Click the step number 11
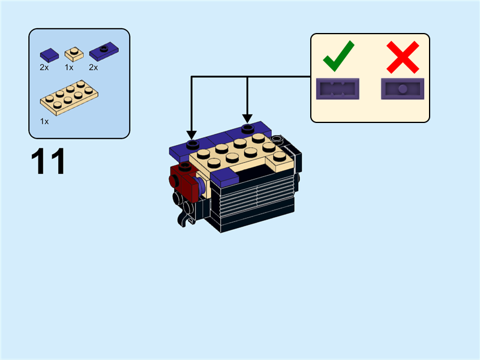(x=48, y=161)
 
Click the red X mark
(x=403, y=57)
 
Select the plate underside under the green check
(x=338, y=89)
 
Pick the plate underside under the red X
(x=403, y=89)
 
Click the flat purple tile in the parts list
(x=49, y=55)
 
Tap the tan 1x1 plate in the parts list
(x=74, y=54)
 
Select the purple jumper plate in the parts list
(x=104, y=51)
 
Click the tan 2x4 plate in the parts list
(x=69, y=98)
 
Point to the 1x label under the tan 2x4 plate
(x=44, y=122)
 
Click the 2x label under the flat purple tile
(x=44, y=67)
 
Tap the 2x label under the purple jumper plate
(x=94, y=67)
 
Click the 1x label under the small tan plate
(x=69, y=67)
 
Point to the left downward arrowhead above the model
(x=191, y=135)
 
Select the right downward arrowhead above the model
(x=247, y=119)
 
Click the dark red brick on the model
(x=184, y=182)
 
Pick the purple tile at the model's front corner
(x=225, y=178)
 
